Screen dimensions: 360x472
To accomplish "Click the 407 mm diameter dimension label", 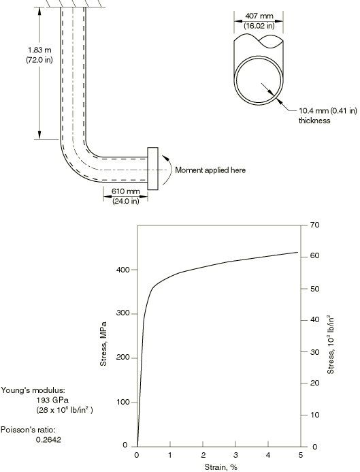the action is point(259,16).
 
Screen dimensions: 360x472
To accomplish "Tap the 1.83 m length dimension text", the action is point(39,50).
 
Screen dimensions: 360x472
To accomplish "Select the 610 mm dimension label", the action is point(126,191).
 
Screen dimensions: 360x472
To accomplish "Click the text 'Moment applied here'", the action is point(210,170).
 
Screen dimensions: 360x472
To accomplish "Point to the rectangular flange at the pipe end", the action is point(153,169).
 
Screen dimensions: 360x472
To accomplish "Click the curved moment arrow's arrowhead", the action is point(164,157).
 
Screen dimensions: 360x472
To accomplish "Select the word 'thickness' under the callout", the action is point(314,121).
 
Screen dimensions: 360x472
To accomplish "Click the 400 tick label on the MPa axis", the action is point(122,270).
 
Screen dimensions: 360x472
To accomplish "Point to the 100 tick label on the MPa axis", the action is point(122,402).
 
